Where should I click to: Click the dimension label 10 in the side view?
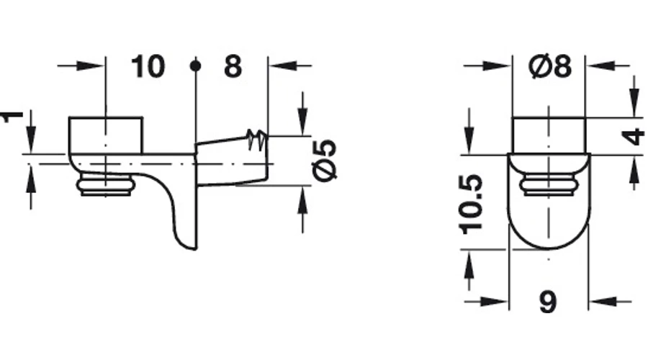[148, 66]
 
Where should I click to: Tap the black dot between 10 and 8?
[195, 66]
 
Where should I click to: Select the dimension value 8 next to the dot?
[233, 66]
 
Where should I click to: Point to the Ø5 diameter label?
[325, 160]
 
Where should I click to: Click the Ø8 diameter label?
[550, 66]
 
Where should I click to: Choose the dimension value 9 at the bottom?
[548, 302]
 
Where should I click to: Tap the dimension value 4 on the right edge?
[633, 137]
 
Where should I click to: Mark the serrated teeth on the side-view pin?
[256, 140]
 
